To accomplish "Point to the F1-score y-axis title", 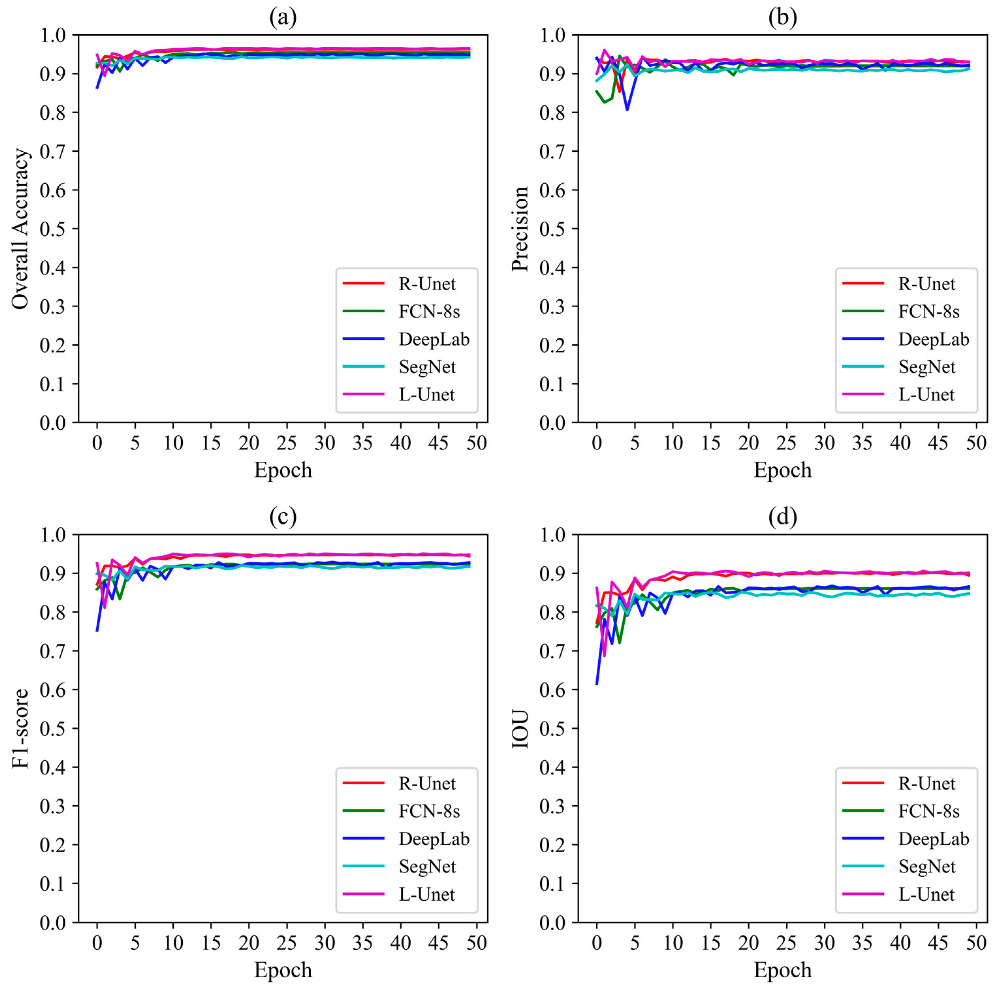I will point(21,728).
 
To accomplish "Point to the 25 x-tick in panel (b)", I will point(787,443).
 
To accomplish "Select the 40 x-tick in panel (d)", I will point(900,942).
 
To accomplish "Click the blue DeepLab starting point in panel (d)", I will point(597,684).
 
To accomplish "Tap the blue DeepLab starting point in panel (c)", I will point(97,630).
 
